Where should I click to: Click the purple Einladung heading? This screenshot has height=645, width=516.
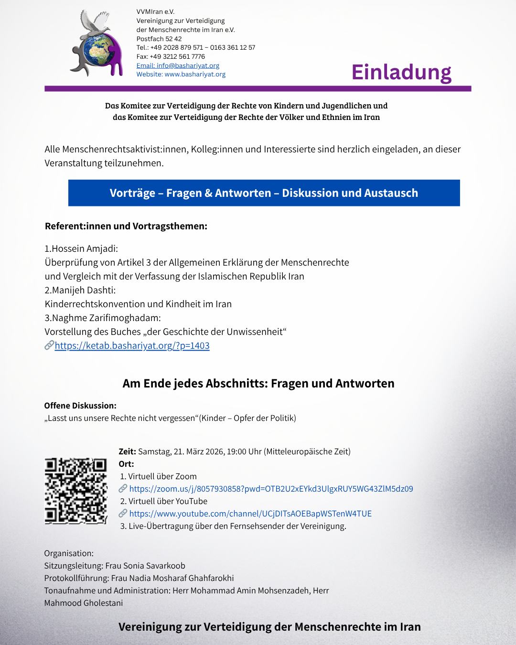(401, 72)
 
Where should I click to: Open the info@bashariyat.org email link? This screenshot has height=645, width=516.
(178, 65)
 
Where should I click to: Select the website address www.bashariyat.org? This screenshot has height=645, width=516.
(195, 75)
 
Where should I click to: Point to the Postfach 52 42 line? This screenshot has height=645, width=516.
(159, 39)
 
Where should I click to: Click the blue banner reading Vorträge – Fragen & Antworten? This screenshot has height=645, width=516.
(264, 193)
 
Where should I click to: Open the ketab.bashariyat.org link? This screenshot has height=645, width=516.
(132, 345)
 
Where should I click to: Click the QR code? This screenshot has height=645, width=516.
(76, 491)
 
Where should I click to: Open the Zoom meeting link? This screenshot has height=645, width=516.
(271, 489)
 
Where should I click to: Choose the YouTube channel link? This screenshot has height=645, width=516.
(250, 514)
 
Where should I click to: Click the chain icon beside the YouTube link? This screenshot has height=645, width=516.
(123, 513)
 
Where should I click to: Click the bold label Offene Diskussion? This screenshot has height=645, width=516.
(80, 406)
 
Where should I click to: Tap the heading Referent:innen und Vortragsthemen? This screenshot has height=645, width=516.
(126, 226)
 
